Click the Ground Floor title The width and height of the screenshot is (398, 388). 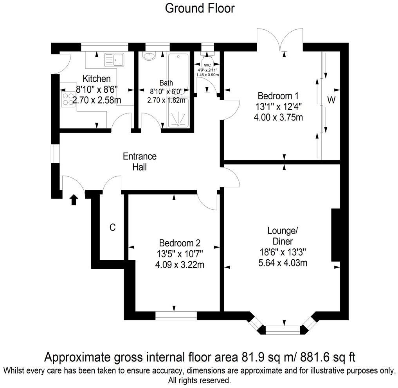point(200,8)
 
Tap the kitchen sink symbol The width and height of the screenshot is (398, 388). point(113,59)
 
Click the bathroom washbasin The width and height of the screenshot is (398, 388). point(149,56)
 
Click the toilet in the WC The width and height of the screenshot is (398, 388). point(207,57)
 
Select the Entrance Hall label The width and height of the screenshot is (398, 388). point(140,162)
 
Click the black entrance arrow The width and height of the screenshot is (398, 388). point(74,200)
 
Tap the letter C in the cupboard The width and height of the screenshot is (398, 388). point(112,227)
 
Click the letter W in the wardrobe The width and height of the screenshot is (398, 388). point(331,100)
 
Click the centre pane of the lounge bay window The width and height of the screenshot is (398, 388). point(283,329)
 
